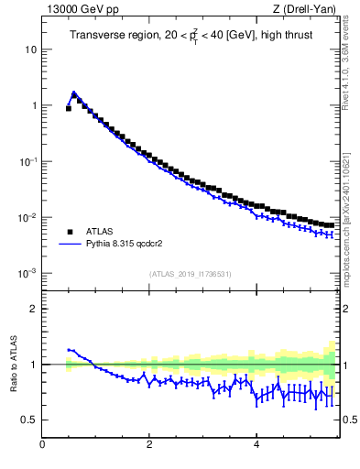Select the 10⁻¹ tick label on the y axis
(x=30, y=161)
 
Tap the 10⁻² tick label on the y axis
(x=30, y=217)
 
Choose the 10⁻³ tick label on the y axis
(x=30, y=274)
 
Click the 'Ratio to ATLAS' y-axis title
(x=13, y=364)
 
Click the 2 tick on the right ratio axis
(x=349, y=309)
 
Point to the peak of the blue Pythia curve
(x=73, y=93)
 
